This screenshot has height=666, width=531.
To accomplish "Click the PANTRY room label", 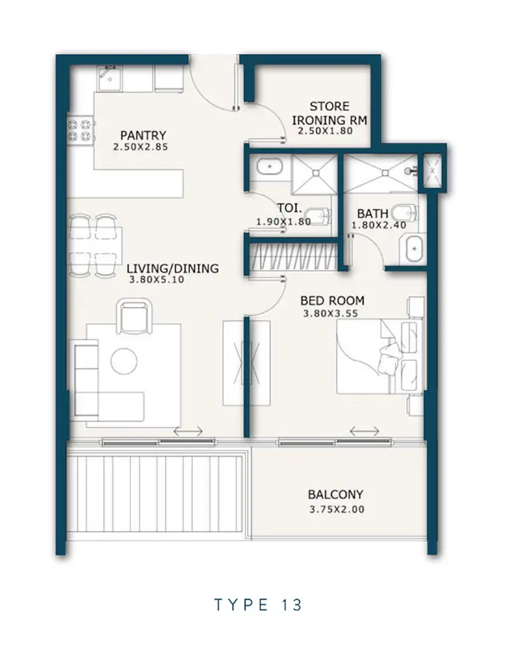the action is click(x=143, y=136).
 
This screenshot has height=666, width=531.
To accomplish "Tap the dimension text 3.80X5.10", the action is click(x=157, y=280).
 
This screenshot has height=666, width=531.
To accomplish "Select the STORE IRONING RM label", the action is click(x=329, y=114).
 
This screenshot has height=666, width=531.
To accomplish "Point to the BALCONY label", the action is click(x=336, y=495).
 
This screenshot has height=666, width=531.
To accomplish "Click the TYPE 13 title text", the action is click(x=258, y=604).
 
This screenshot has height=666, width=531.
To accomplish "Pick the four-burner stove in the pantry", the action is click(x=80, y=130).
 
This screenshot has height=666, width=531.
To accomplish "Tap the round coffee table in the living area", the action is click(x=124, y=361).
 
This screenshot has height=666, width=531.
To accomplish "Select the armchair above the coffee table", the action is click(x=134, y=316).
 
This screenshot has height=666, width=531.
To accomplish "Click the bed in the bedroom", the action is click(x=379, y=356).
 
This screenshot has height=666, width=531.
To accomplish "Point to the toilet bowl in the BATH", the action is click(x=405, y=212).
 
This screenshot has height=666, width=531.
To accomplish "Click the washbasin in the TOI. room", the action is click(x=269, y=166).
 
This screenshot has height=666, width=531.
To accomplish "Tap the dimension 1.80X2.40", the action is click(x=379, y=225).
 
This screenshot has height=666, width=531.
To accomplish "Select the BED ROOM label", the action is click(x=332, y=300).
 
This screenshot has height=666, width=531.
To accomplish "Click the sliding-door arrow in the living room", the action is click(x=188, y=431).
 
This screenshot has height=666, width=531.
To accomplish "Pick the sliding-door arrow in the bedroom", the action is click(x=364, y=431).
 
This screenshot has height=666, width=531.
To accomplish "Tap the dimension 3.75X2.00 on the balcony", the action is click(x=337, y=509).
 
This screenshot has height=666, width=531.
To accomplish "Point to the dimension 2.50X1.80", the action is click(x=326, y=131).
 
